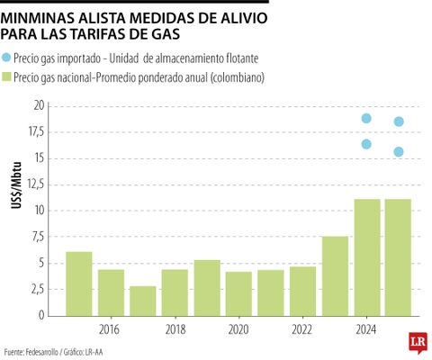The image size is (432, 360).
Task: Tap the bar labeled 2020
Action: click(238, 293)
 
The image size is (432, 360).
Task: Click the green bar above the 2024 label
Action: click(366, 257)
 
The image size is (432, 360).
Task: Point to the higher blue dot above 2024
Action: click(366, 119)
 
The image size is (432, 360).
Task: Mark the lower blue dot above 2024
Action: click(366, 144)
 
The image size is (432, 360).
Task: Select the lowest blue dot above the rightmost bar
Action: click(398, 151)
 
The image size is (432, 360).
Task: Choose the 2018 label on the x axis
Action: click(175, 328)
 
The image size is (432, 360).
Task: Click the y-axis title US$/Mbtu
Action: click(15, 211)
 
